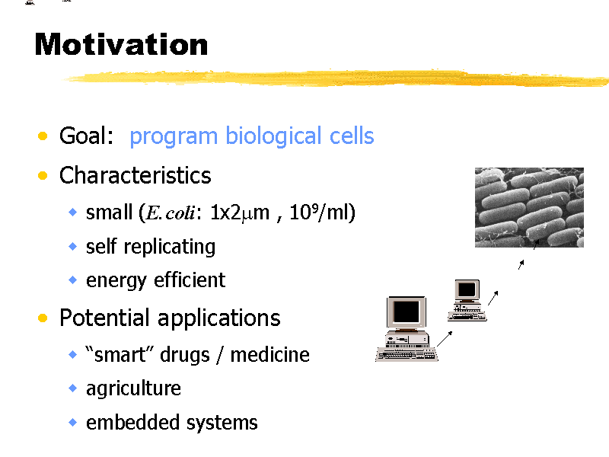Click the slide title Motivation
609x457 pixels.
click(121, 44)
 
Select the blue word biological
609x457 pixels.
click(273, 137)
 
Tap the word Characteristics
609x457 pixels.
click(136, 175)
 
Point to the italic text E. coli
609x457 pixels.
click(170, 213)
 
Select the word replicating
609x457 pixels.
click(170, 247)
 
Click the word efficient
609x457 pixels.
click(190, 280)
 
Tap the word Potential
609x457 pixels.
click(104, 318)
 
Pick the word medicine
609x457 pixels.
click(270, 354)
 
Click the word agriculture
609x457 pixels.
click(134, 389)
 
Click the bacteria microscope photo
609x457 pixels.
click(529, 207)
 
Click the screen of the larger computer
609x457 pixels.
click(407, 312)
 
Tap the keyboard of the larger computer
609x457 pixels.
click(407, 355)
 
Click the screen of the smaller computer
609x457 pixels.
click(467, 289)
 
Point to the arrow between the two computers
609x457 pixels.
click(445, 338)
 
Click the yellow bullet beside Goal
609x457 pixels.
click(43, 136)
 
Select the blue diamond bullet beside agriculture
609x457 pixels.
click(72, 388)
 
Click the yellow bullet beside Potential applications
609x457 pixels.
click(43, 318)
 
